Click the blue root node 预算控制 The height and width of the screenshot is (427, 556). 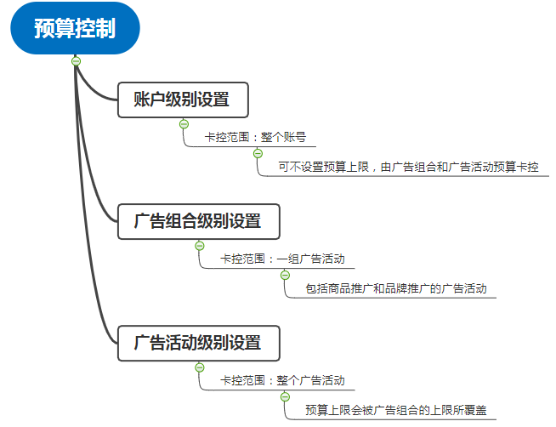click(x=75, y=28)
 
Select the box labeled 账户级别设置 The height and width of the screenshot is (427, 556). click(x=183, y=100)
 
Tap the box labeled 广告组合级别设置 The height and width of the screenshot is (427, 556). click(x=199, y=221)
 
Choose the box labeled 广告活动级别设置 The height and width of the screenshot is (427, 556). click(x=199, y=343)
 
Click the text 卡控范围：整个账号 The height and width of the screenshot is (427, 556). click(x=255, y=137)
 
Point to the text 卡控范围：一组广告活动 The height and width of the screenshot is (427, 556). click(x=282, y=259)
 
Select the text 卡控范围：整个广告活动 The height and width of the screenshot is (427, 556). click(x=282, y=380)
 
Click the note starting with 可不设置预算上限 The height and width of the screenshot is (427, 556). click(x=408, y=167)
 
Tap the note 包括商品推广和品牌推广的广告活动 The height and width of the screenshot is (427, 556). click(x=396, y=288)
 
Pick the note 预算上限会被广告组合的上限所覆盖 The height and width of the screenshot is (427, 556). click(x=396, y=410)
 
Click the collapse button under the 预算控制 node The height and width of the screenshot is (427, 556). click(x=76, y=61)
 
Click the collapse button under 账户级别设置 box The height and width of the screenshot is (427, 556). click(x=184, y=124)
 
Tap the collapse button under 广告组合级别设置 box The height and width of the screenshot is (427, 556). click(x=200, y=246)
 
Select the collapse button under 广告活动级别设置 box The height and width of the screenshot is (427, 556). click(x=200, y=367)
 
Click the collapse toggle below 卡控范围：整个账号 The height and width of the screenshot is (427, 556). click(x=258, y=154)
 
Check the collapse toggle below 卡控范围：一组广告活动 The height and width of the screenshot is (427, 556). click(x=285, y=276)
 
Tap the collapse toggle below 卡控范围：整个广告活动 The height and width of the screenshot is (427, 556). click(x=285, y=397)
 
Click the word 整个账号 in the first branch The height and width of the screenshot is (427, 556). click(x=284, y=137)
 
